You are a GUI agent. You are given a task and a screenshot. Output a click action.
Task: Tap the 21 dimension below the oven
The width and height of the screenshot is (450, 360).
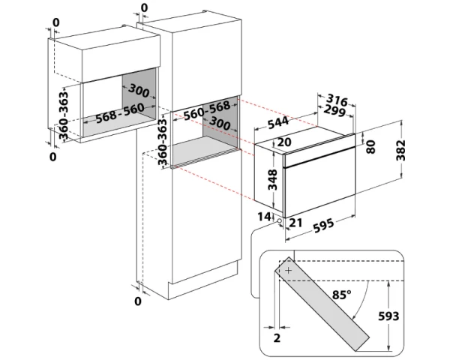pyautogui.click(x=294, y=222)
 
